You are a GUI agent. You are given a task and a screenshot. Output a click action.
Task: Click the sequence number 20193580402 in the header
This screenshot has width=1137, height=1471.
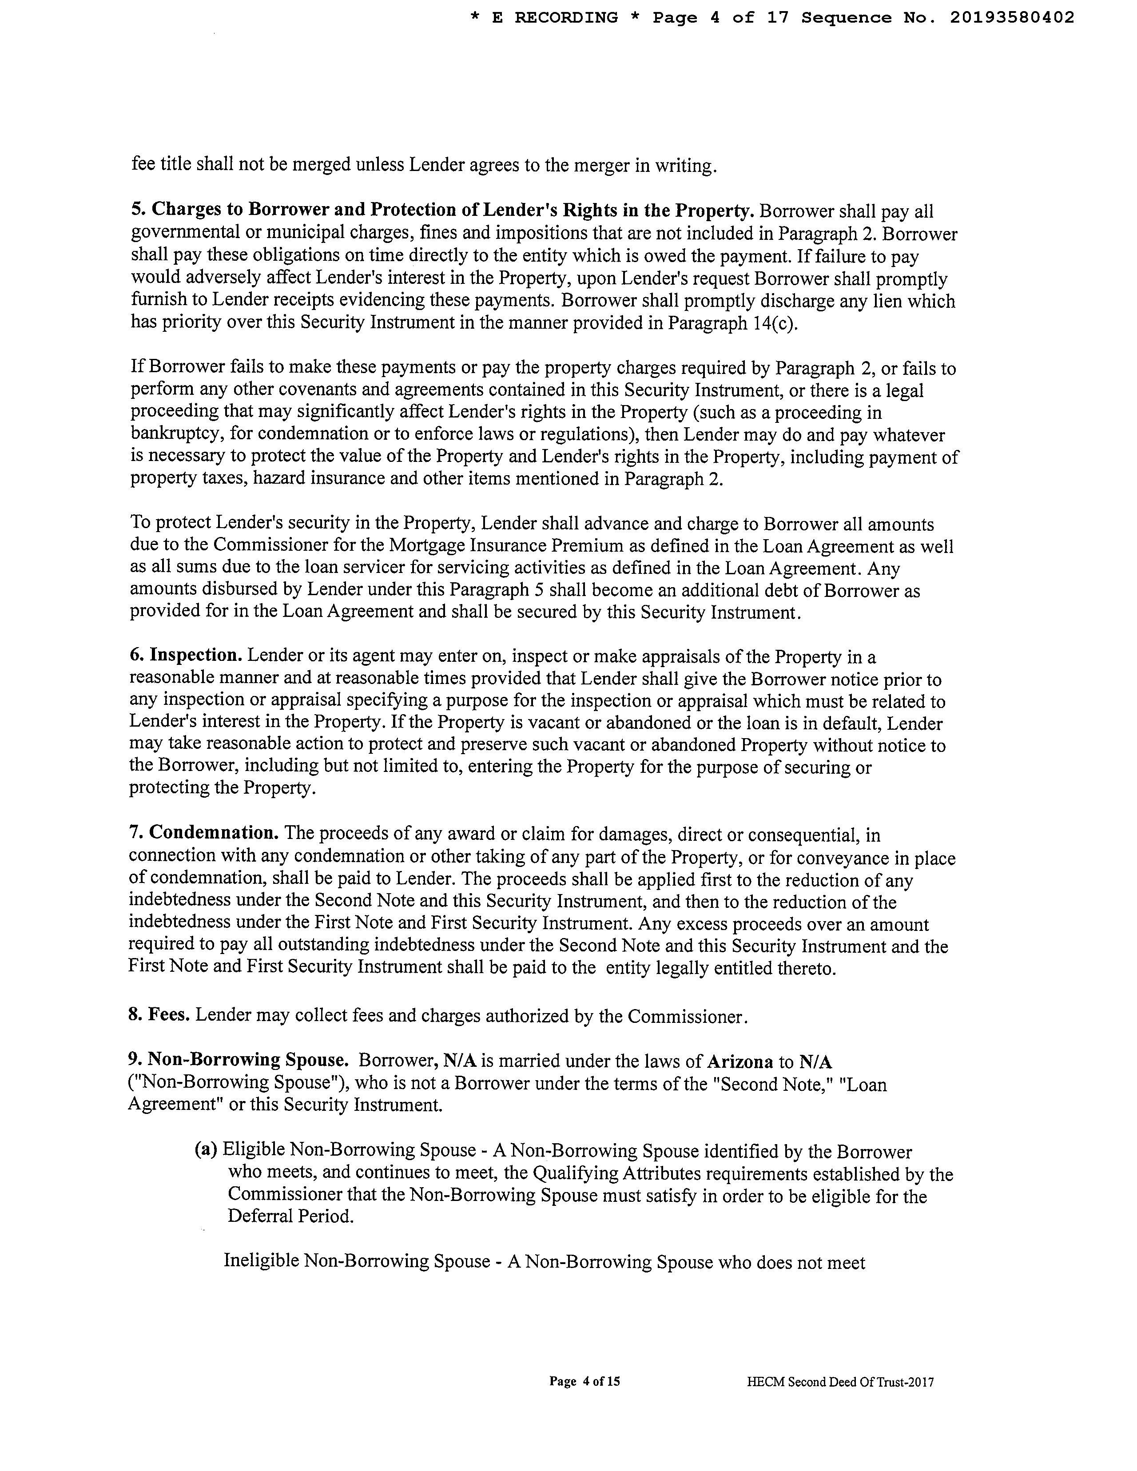(x=1012, y=18)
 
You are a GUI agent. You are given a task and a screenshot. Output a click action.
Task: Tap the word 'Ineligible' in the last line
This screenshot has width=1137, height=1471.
(x=261, y=1261)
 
